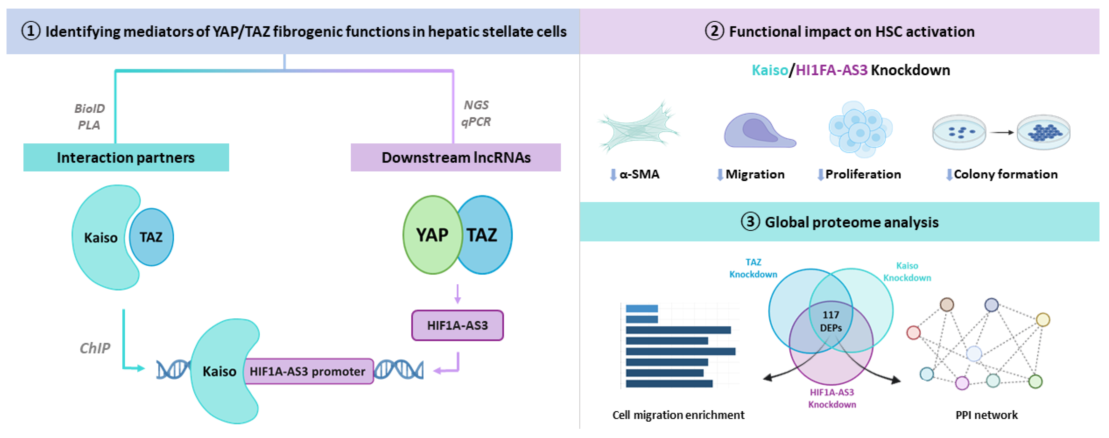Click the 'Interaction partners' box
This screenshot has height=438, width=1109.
tap(126, 158)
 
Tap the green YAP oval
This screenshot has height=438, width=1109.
tap(432, 235)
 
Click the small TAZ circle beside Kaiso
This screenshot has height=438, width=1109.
tap(151, 237)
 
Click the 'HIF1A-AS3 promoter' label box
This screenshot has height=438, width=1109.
tap(308, 371)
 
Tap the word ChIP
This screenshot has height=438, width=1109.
tap(95, 348)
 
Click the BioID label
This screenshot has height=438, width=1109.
tap(89, 108)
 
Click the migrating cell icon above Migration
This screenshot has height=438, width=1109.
tap(759, 130)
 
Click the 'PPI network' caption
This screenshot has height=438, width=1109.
tap(986, 415)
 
